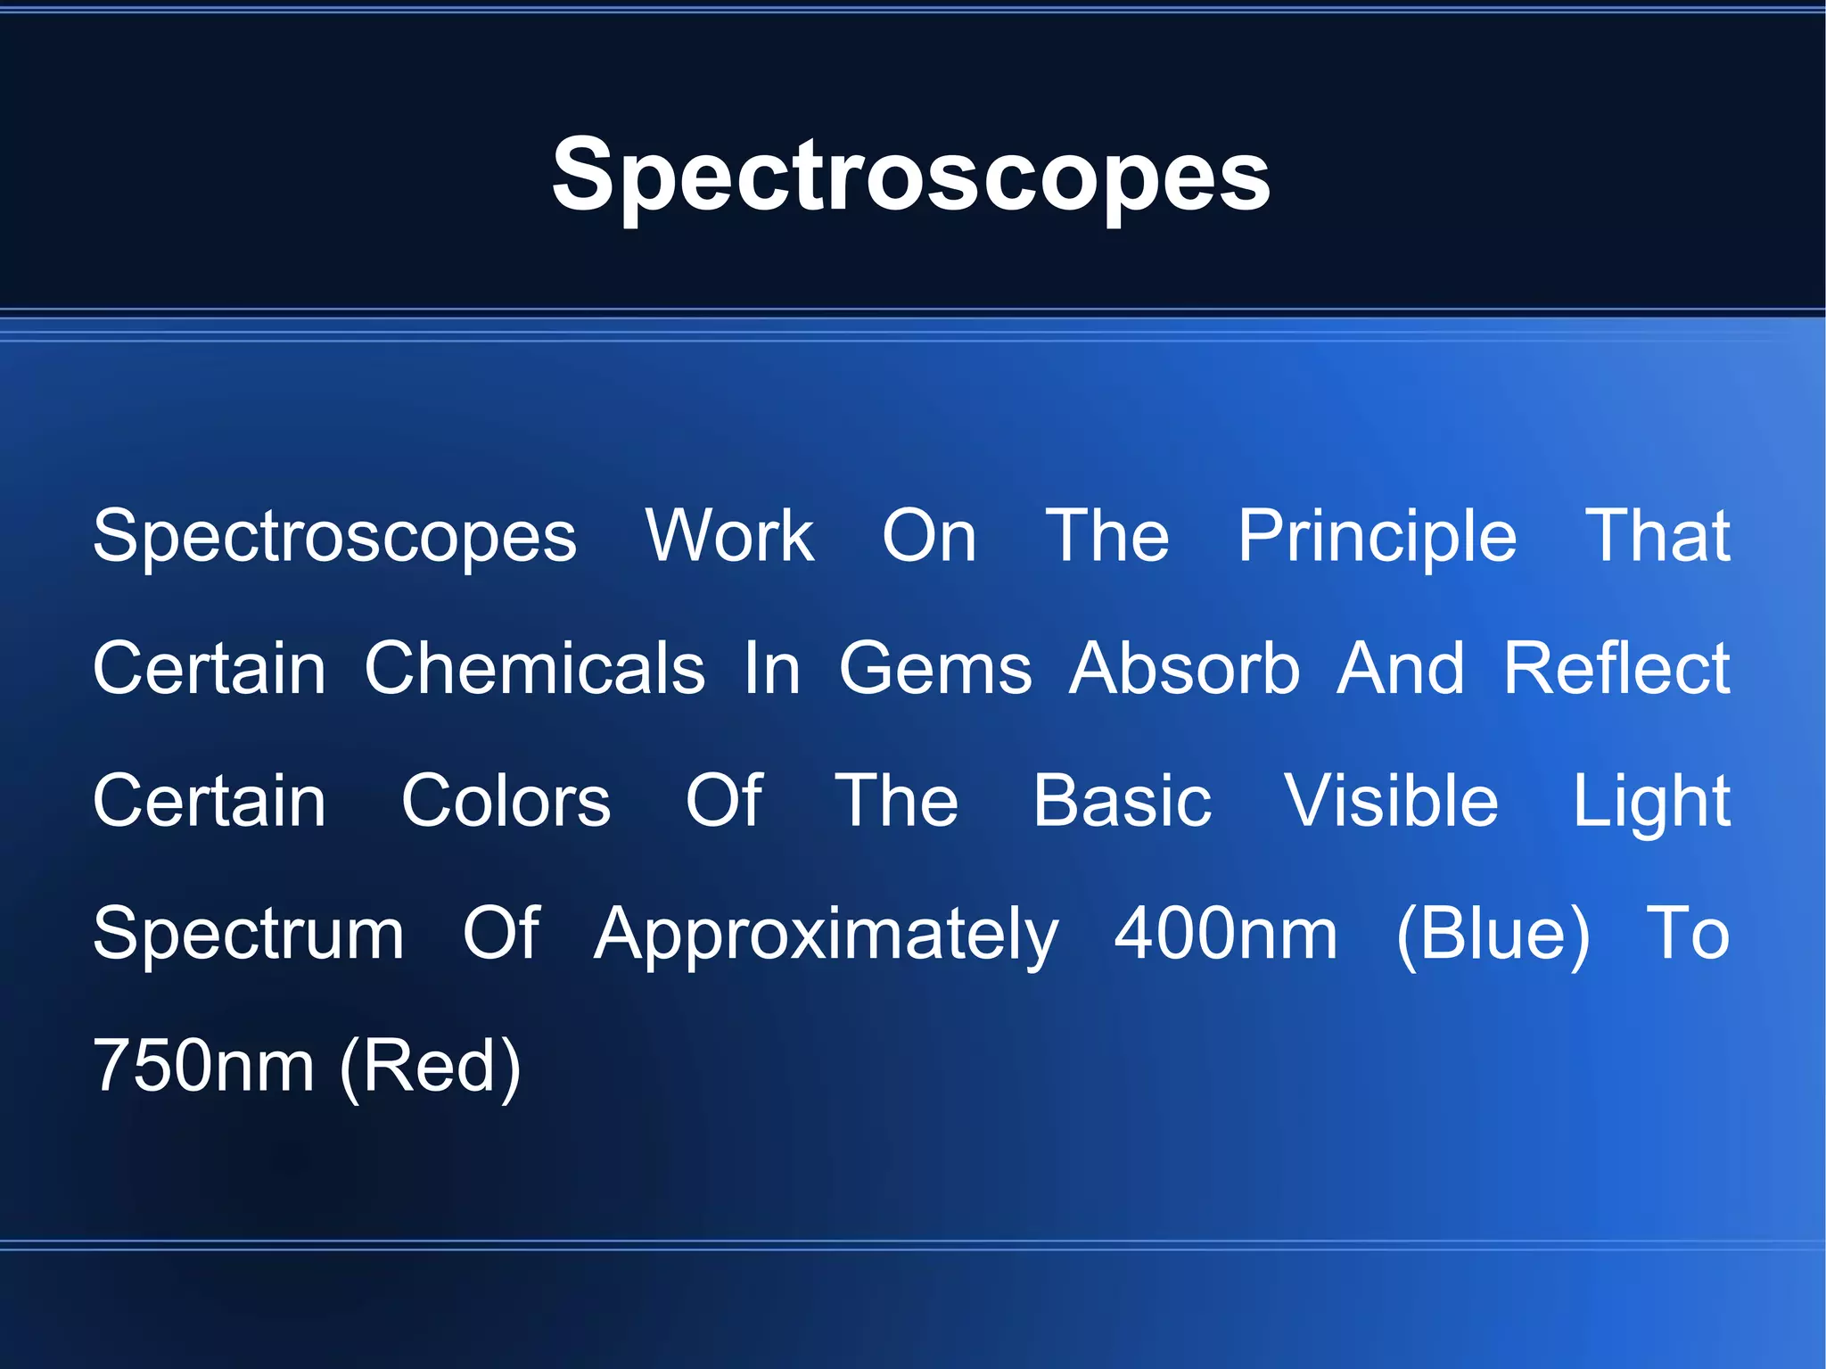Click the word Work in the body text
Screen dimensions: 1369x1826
(729, 536)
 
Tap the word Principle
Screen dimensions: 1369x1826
(1377, 536)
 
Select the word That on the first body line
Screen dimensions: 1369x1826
(1657, 536)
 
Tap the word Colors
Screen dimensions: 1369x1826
(506, 801)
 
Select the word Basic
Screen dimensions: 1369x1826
(1122, 801)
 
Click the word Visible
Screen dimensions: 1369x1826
(1391, 801)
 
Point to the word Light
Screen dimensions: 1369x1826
(1651, 801)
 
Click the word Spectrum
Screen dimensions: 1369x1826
(249, 934)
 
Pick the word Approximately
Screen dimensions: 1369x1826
(827, 934)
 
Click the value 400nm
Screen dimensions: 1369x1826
(1226, 934)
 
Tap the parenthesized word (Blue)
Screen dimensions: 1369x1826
(1493, 934)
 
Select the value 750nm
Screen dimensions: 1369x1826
(203, 1066)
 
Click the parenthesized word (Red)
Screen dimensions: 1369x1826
(430, 1066)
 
